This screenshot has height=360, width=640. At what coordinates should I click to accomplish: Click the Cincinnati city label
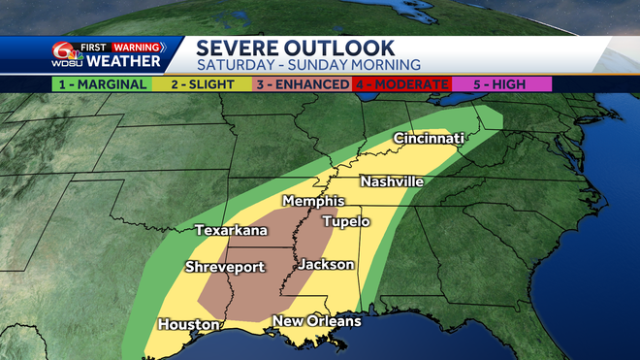[x=429, y=140]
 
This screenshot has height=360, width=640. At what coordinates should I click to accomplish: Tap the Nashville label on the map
[x=391, y=181]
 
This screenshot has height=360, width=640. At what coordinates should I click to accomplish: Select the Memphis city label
[x=312, y=201]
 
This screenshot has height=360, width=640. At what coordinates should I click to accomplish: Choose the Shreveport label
[x=225, y=268]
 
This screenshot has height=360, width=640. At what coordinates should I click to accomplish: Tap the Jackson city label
[x=326, y=264]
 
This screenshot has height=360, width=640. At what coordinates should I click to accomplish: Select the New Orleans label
[x=316, y=321]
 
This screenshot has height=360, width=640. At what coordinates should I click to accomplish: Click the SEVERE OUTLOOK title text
[x=295, y=47]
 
